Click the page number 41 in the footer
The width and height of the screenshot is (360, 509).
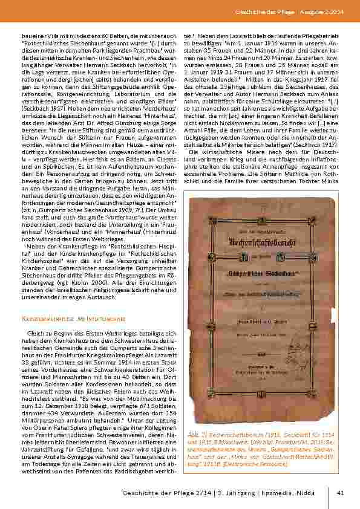(340, 492)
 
